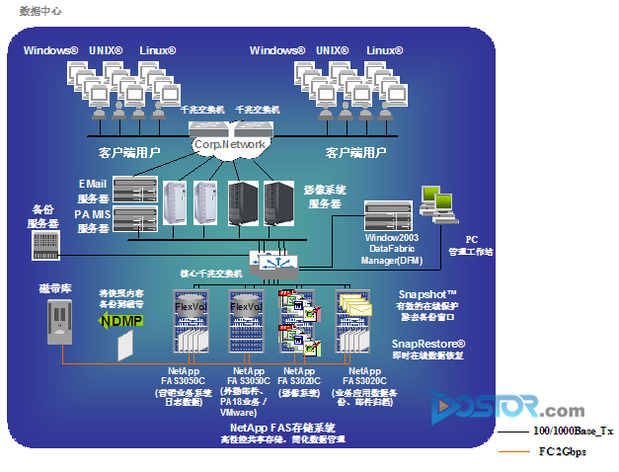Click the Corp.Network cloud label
[x=229, y=145]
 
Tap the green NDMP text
[x=120, y=320]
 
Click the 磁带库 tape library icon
[x=60, y=323]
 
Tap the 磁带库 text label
[x=56, y=287]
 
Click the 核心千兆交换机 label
[x=209, y=273]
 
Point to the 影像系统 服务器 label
[x=325, y=197]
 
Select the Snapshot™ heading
[x=427, y=294]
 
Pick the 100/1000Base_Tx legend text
[x=573, y=433]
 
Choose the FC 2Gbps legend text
[x=562, y=451]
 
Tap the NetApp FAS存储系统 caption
[x=275, y=427]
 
